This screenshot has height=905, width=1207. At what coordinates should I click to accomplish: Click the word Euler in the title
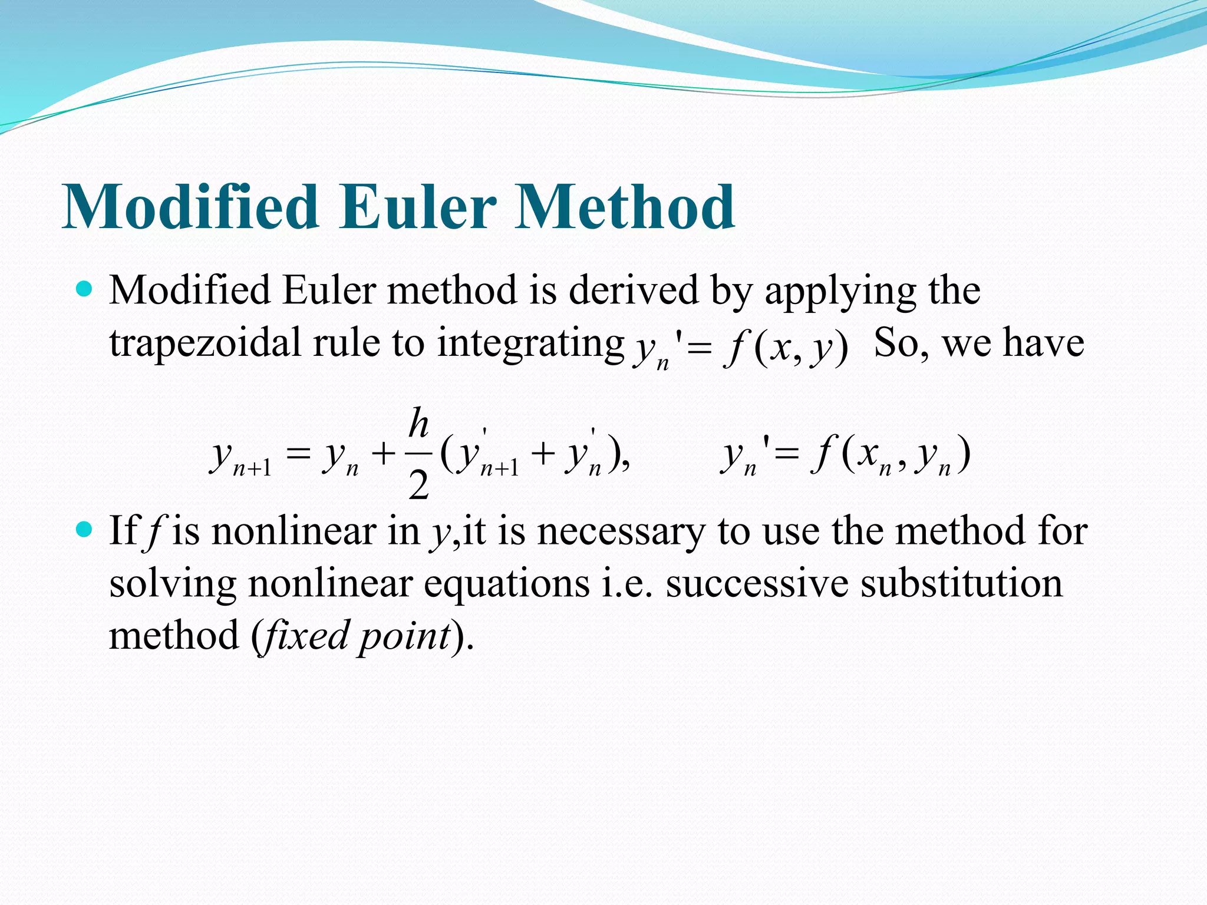tap(416, 207)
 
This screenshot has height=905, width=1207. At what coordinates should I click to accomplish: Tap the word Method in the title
tap(625, 207)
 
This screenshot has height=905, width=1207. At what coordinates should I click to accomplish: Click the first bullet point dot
tap(85, 289)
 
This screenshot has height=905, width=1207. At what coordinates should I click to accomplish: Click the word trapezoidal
tap(205, 343)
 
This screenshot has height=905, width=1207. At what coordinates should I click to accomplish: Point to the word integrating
tap(530, 343)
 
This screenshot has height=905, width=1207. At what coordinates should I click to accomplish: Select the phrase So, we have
tap(978, 342)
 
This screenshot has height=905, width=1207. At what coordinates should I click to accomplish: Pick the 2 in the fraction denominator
tap(418, 487)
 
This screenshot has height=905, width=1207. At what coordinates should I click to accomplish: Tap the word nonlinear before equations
tap(331, 583)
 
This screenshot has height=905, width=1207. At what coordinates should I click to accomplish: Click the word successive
tap(757, 583)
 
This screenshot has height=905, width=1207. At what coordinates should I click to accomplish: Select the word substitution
tap(961, 583)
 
